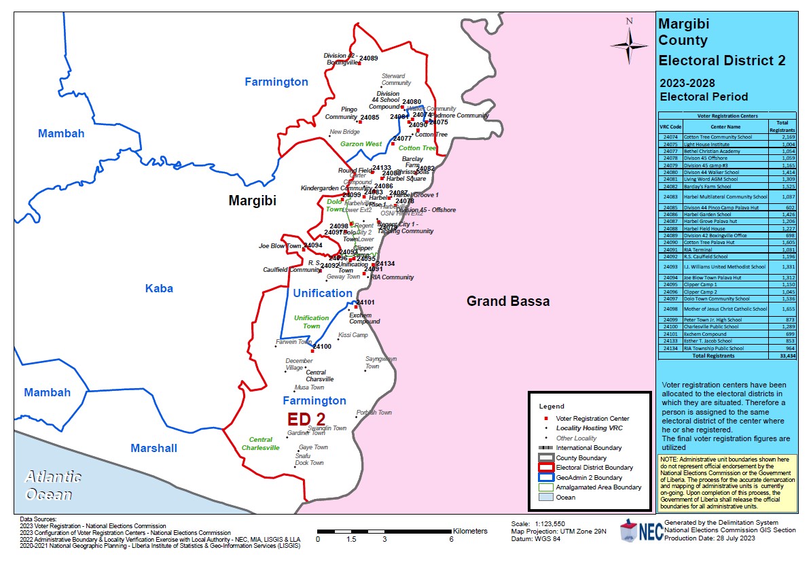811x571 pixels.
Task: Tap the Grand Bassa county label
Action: [x=507, y=301]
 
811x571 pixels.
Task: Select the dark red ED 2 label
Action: [x=306, y=418]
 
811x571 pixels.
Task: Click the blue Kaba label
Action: [x=159, y=288]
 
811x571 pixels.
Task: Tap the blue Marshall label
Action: [x=154, y=448]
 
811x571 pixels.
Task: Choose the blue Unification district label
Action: [x=323, y=293]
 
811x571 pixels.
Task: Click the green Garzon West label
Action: [x=361, y=144]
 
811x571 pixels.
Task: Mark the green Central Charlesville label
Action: [x=260, y=444]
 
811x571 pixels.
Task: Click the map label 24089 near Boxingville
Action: [x=368, y=58]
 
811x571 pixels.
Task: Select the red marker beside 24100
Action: [x=312, y=351]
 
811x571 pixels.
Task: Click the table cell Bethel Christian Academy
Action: [x=710, y=152]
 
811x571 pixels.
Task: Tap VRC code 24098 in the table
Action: [x=670, y=309]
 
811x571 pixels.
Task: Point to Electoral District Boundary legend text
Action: [x=594, y=468]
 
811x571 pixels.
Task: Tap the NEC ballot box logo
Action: [x=629, y=531]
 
